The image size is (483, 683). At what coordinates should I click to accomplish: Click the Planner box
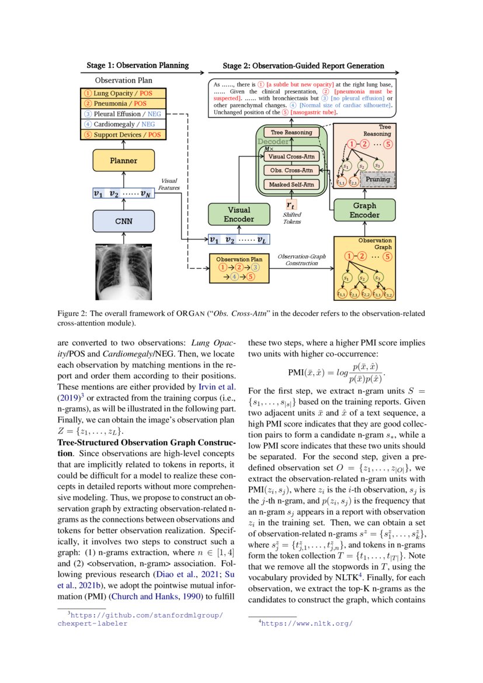123,160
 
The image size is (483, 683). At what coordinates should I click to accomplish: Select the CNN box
123,221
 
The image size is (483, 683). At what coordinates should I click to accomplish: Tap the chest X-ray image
124,270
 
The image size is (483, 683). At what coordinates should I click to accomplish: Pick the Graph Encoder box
364,210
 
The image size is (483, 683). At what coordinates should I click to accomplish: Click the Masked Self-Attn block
291,185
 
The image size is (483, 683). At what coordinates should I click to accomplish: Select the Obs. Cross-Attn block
291,170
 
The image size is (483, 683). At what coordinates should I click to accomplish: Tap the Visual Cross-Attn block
291,156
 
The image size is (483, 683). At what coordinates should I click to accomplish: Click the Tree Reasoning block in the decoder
291,133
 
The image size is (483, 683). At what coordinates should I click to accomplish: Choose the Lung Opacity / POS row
123,93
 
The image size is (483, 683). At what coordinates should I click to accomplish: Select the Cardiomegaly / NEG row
123,124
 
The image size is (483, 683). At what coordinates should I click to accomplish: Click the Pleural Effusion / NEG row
123,114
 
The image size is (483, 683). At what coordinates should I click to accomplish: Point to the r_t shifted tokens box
291,204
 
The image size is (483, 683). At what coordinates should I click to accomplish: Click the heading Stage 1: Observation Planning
138,65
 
